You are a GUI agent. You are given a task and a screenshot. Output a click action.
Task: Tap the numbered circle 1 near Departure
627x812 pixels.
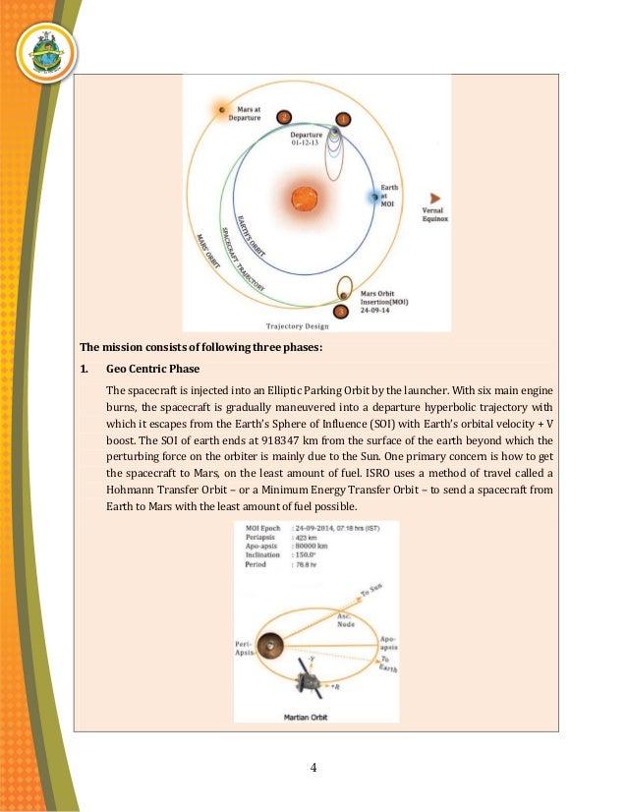(x=342, y=119)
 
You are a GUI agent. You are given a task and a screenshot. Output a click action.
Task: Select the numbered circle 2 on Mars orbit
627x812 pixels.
(x=283, y=117)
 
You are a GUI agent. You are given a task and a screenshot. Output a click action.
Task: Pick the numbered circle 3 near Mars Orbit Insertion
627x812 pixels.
(x=341, y=312)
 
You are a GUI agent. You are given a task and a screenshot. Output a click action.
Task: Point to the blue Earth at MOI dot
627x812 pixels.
(x=374, y=198)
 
